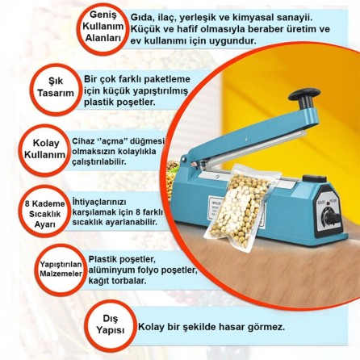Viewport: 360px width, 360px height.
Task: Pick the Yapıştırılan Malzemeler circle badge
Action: [x=61, y=268]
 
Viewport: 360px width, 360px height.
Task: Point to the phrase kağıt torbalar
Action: [x=117, y=281]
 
